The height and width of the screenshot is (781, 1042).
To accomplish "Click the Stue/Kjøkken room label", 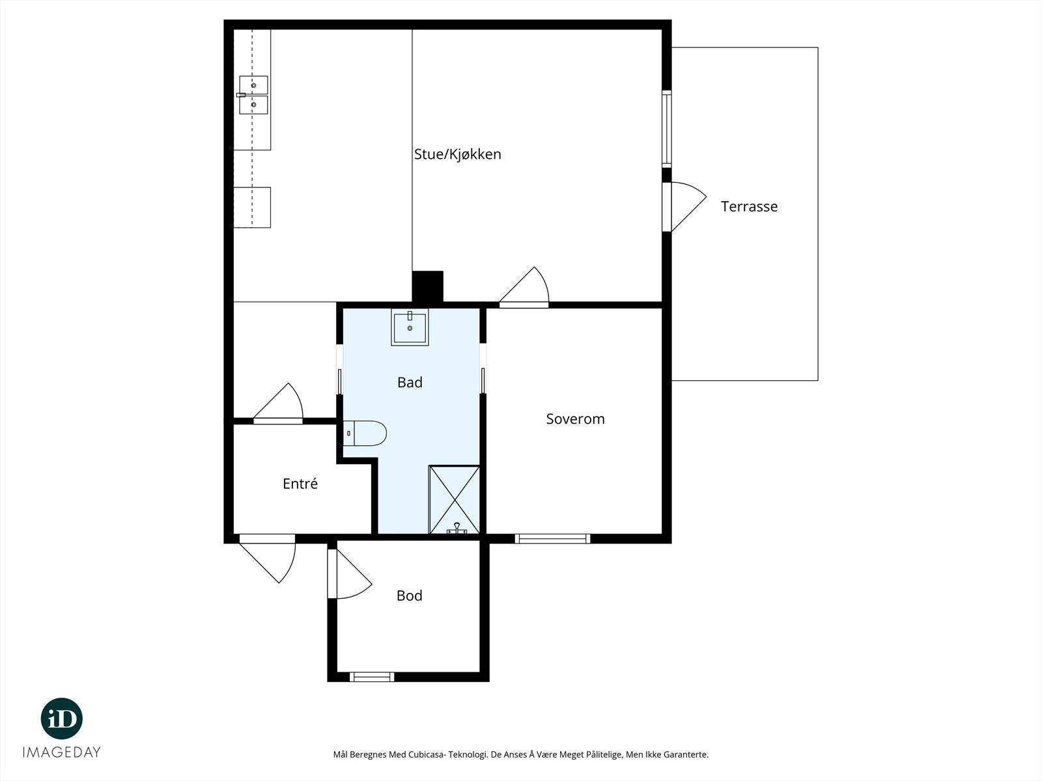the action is tap(458, 154).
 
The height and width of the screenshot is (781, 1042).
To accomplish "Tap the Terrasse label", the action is tap(749, 206).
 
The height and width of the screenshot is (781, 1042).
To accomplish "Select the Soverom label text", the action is tap(575, 418).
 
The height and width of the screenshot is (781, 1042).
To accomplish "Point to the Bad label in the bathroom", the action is tap(410, 382).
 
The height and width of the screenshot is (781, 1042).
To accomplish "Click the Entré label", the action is tap(300, 483).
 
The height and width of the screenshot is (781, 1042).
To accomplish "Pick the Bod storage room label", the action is tap(409, 596).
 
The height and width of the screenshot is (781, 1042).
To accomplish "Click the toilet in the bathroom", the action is tap(365, 433).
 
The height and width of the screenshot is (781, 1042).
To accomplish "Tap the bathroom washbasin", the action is tap(410, 327).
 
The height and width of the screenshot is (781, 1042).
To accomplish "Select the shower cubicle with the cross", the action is tap(455, 500).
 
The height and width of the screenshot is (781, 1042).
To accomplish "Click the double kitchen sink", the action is tap(253, 95).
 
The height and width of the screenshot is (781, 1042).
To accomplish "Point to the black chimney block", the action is tap(427, 286).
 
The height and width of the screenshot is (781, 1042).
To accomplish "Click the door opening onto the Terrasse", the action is tap(684, 207).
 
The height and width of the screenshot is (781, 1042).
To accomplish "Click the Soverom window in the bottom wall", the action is tap(552, 539).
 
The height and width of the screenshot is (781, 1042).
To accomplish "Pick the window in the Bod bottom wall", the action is tap(372, 677).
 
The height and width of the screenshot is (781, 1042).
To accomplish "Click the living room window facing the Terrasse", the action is tap(667, 129).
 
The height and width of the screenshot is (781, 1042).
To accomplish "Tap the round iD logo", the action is tap(62, 719).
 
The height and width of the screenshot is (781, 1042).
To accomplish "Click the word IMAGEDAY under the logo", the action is tap(62, 752).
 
